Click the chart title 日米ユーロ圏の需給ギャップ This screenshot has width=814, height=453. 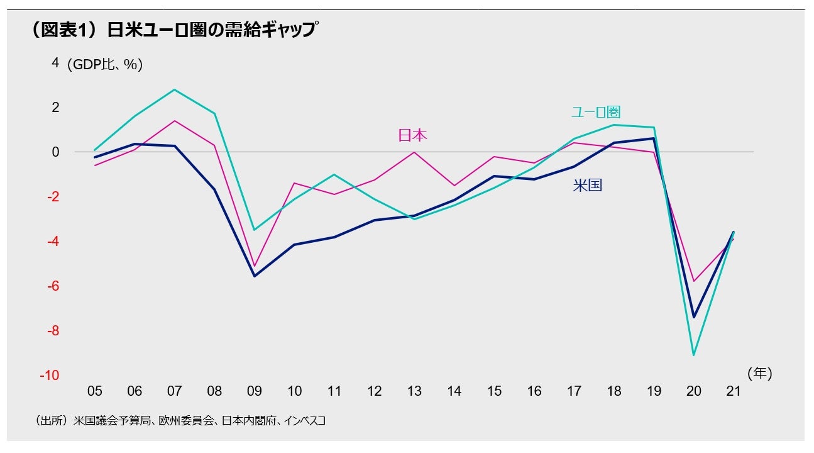[173, 30]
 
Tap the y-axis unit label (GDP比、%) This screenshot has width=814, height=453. [105, 64]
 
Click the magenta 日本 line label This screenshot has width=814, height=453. [412, 135]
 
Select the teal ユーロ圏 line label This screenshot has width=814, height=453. [595, 112]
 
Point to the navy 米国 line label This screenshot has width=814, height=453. [587, 185]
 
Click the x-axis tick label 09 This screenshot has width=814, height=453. [254, 391]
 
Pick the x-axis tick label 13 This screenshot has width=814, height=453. [414, 391]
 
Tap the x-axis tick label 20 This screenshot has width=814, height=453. [693, 391]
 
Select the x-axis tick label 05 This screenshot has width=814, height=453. [94, 391]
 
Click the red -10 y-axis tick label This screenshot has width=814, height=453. [50, 376]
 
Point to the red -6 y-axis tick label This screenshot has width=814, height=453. [53, 286]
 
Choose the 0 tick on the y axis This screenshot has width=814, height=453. [55, 152]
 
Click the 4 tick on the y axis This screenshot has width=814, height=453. [55, 63]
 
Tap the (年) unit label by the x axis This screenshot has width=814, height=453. [759, 373]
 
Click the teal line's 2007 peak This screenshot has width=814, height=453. [174, 89]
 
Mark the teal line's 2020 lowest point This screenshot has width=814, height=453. [693, 355]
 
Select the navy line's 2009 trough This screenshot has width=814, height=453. [254, 276]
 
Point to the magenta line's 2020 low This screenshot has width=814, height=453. [693, 281]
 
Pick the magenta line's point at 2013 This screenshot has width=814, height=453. [414, 152]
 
